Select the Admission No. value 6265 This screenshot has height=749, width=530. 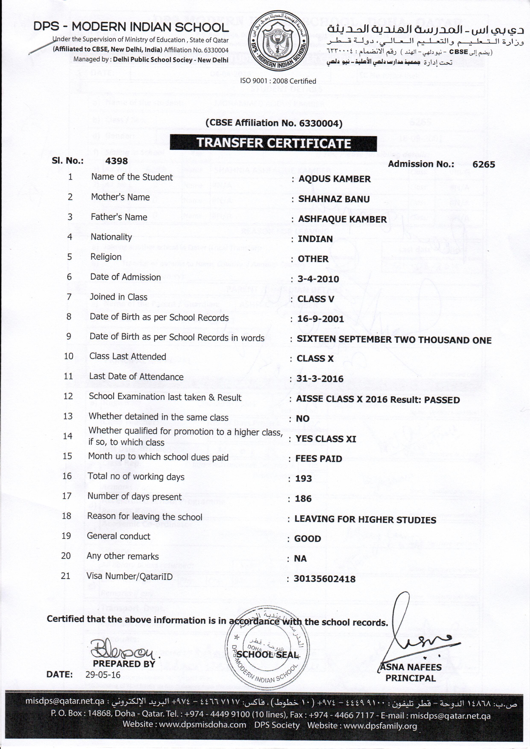[x=484, y=164]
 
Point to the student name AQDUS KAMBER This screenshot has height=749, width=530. [x=335, y=179]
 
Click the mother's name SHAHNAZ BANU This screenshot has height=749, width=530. [x=334, y=199]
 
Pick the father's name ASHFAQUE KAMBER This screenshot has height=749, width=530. [x=342, y=219]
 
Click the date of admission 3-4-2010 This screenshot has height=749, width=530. [x=318, y=279]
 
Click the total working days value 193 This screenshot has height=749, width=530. [x=304, y=479]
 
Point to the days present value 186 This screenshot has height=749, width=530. [x=303, y=498]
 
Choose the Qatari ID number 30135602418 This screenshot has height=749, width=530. [x=324, y=579]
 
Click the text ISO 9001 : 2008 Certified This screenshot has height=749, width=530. [x=278, y=81]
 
